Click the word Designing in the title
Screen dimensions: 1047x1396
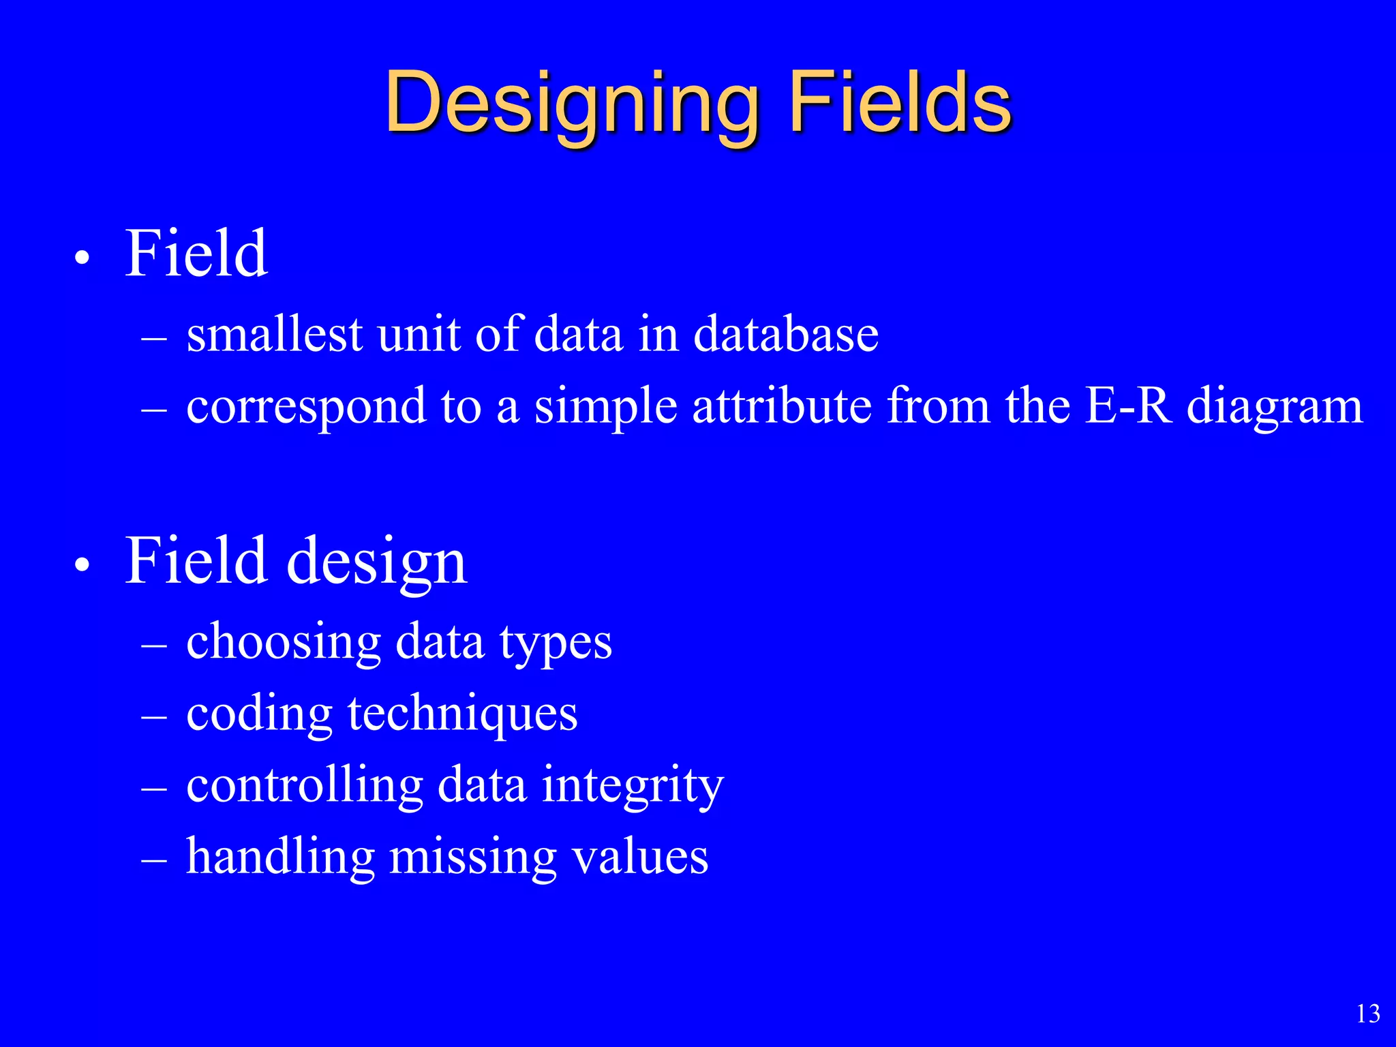tap(571, 104)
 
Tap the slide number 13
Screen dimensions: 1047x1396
tap(1368, 1014)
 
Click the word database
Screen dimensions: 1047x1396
tap(786, 335)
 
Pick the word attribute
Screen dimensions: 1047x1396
tap(782, 406)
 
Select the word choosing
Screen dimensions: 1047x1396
tap(283, 643)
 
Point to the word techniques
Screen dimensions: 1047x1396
tap(462, 714)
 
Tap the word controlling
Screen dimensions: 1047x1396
tap(305, 785)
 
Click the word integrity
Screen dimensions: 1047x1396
tap(633, 787)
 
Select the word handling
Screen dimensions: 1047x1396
tap(280, 858)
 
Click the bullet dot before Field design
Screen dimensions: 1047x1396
tap(82, 565)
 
